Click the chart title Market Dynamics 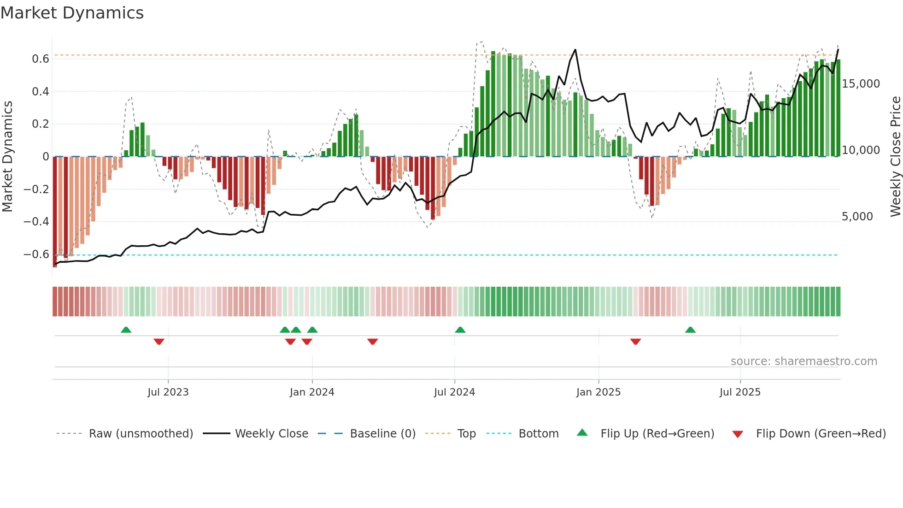coord(72,13)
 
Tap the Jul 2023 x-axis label coord(168,392)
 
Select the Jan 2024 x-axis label coord(312,392)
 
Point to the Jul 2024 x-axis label coord(454,392)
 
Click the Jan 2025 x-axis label coord(598,392)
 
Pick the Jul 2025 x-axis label coord(740,392)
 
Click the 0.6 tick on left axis coord(41,59)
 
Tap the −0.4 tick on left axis coord(36,222)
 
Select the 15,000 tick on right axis coord(861,84)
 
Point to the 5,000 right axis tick coord(857,217)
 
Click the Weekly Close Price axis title coord(895,157)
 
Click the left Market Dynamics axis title coord(7,157)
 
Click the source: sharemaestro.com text coord(803,361)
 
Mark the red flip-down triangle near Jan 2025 coord(635,342)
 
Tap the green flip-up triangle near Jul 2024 coord(460,330)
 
